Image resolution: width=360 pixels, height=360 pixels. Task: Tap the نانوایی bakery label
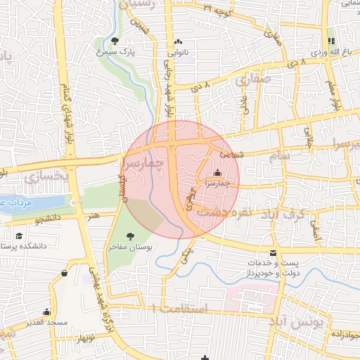point(177,51)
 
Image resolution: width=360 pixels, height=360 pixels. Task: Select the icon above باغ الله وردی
point(330,41)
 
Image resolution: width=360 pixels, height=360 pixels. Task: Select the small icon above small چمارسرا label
point(217,172)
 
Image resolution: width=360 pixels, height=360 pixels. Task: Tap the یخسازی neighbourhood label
point(46,176)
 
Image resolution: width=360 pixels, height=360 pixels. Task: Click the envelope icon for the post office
point(273,254)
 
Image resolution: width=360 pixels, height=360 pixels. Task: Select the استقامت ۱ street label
point(180,309)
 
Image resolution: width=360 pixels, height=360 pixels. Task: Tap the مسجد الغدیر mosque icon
point(47,311)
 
